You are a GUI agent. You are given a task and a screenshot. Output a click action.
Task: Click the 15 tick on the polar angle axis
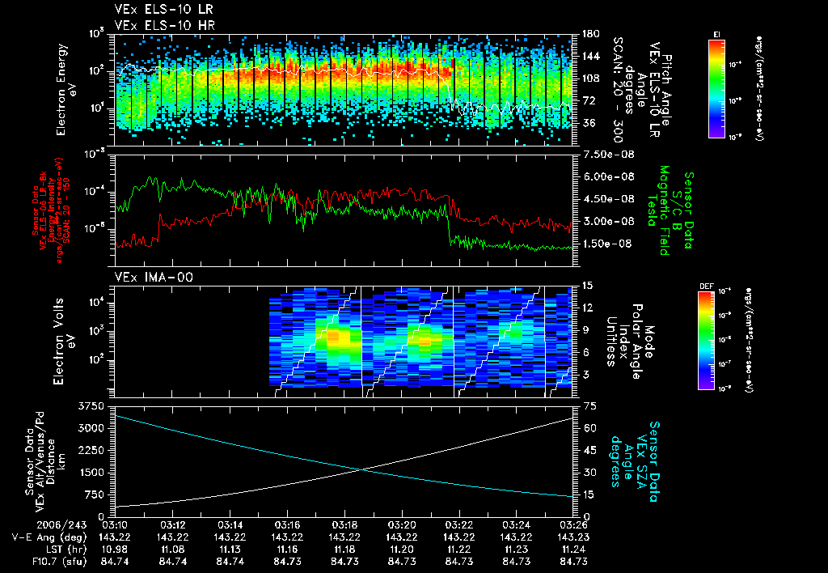(588, 285)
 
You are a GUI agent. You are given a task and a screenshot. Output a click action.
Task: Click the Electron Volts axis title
(65, 340)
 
